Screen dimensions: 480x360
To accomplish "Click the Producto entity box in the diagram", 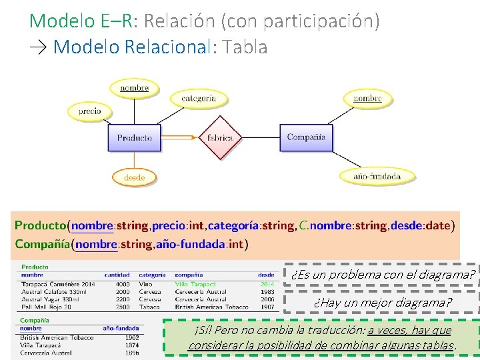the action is [x=135, y=138].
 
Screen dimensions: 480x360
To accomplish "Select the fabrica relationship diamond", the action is [x=220, y=138].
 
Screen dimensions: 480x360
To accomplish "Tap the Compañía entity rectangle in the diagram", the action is [x=306, y=137].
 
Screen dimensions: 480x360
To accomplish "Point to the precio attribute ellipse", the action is [x=90, y=111].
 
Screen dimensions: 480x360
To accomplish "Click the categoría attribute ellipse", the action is [x=199, y=99].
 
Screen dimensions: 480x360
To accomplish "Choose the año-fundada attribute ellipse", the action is [x=377, y=176].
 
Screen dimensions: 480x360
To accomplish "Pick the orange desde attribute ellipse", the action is [x=134, y=177].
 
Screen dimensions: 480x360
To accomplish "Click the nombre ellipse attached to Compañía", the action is [x=367, y=99].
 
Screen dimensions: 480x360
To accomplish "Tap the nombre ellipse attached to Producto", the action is [x=135, y=87].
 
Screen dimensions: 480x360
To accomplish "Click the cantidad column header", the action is [x=117, y=275].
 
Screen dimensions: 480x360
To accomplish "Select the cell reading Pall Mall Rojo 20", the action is [x=46, y=307].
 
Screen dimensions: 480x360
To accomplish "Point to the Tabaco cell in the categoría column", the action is [x=149, y=307].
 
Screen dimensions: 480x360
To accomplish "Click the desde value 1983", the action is [x=267, y=292].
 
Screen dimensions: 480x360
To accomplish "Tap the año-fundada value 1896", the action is [x=131, y=352].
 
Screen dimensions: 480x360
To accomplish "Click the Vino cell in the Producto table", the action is [x=145, y=284].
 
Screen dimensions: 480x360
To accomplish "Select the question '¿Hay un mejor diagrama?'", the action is [x=382, y=303].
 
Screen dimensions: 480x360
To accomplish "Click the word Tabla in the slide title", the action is [x=246, y=47].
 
